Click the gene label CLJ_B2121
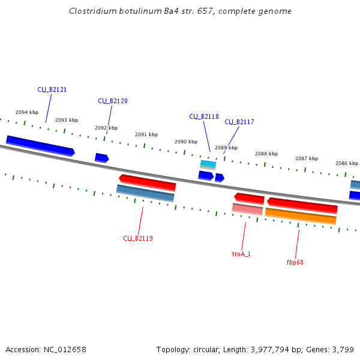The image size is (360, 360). pyautogui.click(x=52, y=89)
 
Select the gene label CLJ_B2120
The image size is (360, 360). pyautogui.click(x=113, y=101)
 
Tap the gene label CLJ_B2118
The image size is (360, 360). pyautogui.click(x=204, y=116)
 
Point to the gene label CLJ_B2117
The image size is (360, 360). pyautogui.click(x=239, y=122)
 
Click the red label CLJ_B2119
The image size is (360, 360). pyautogui.click(x=138, y=238)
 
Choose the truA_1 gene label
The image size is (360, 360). pyautogui.click(x=241, y=254)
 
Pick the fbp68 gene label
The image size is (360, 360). pyautogui.click(x=295, y=262)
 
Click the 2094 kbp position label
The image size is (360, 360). pyautogui.click(x=27, y=112)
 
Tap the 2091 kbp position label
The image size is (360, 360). pyautogui.click(x=146, y=134)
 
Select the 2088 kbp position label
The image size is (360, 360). pyautogui.click(x=266, y=154)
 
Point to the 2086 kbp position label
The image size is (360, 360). pyautogui.click(x=346, y=163)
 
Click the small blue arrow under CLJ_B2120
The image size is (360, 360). pyautogui.click(x=101, y=158)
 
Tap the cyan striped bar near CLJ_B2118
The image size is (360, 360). pyautogui.click(x=208, y=164)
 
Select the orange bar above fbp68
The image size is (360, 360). pyautogui.click(x=301, y=215)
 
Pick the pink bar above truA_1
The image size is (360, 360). pyautogui.click(x=247, y=209)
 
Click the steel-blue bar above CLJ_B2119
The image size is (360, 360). pyautogui.click(x=145, y=193)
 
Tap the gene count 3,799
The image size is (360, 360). pyautogui.click(x=343, y=349)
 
